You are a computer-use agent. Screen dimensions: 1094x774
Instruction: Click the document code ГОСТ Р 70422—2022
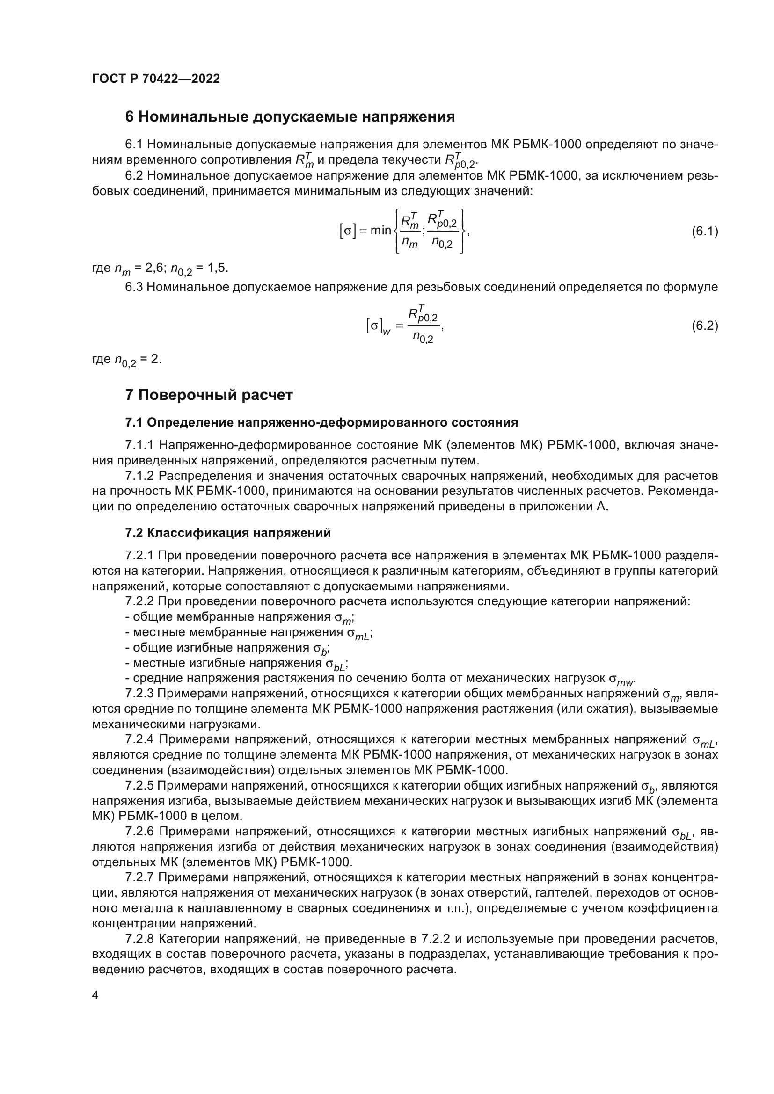[156, 79]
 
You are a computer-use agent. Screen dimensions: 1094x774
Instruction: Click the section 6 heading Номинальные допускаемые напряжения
[290, 117]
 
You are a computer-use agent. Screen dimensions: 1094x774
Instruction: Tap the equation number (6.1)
[704, 232]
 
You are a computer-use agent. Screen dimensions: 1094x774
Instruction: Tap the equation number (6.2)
[704, 326]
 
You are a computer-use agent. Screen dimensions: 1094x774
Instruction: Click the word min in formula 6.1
[380, 231]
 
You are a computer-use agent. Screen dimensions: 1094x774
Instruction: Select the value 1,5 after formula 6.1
[217, 268]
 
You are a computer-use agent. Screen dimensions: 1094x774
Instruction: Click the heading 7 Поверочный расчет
[209, 395]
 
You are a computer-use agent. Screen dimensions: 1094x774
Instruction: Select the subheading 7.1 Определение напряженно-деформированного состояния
[321, 423]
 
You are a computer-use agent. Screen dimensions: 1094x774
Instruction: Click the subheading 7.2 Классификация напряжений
[228, 533]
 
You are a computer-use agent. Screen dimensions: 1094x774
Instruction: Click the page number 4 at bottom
[95, 995]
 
